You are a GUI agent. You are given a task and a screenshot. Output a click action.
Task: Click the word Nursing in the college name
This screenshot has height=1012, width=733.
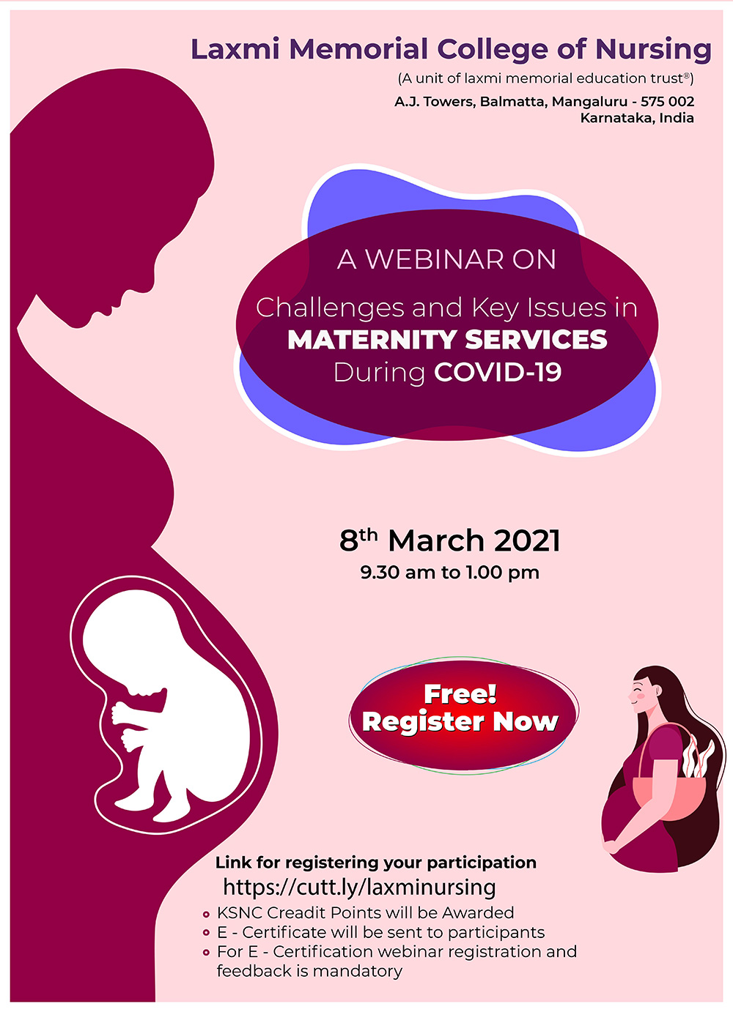pos(653,50)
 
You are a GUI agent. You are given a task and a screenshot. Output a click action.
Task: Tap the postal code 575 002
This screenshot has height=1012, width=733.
pos(667,101)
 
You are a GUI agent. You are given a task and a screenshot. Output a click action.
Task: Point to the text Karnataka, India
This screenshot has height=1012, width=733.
pos(636,118)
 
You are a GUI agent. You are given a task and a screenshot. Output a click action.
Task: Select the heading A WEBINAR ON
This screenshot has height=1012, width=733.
pos(446,259)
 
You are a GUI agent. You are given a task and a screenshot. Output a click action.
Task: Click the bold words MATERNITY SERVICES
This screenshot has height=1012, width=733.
pos(447,340)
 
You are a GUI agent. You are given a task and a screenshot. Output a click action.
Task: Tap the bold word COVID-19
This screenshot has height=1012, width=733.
pos(498,372)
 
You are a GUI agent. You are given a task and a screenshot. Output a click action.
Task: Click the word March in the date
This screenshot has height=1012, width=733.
pos(435,541)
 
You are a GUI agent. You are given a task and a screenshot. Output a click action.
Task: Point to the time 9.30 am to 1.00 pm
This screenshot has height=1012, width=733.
pos(449,572)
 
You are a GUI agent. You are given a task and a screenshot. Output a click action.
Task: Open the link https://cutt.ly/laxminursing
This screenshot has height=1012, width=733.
pos(359,887)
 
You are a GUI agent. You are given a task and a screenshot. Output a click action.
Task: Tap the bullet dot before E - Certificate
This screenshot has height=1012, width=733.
pos(206,933)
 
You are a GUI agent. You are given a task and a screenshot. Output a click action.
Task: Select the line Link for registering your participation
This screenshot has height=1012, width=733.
pos(375,863)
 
